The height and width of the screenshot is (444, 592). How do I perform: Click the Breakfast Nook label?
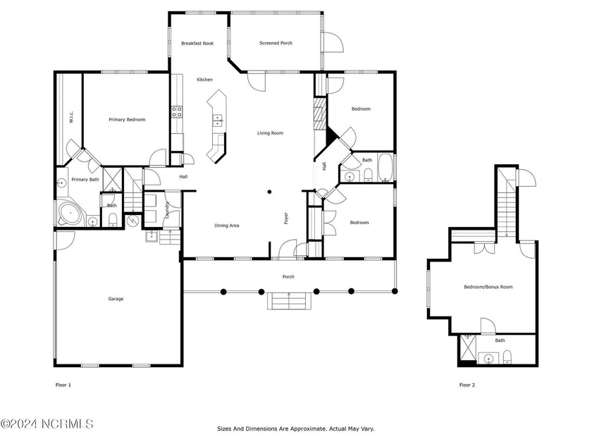point(197,44)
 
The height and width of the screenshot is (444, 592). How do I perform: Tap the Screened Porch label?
point(276,43)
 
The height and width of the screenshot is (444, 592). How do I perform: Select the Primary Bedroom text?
point(127,120)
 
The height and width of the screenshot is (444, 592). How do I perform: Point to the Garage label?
point(116,299)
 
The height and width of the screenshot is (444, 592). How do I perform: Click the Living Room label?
point(270,133)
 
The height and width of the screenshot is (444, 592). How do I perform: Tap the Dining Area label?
point(226,226)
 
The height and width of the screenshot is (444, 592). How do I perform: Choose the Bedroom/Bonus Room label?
point(488,287)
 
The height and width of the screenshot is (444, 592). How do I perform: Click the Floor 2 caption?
point(467,385)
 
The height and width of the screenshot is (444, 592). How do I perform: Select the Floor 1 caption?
point(63,385)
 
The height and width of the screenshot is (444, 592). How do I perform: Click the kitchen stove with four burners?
point(177,112)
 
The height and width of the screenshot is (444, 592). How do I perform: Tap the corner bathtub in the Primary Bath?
point(70,214)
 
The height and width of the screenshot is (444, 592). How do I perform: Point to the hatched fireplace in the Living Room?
point(320,113)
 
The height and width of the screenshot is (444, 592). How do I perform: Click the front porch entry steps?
point(289,301)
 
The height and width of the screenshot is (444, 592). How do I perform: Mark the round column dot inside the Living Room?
point(269,192)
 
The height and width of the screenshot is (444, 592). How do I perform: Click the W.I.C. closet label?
point(71,117)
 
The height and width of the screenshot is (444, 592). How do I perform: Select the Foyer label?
point(286,218)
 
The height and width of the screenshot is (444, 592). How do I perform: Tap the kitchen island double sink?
point(218,121)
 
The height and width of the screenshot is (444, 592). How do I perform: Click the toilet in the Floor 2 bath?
point(507,357)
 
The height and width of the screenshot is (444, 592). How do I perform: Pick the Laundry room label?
point(167,209)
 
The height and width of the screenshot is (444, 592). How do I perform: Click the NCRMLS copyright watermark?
point(47,424)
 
